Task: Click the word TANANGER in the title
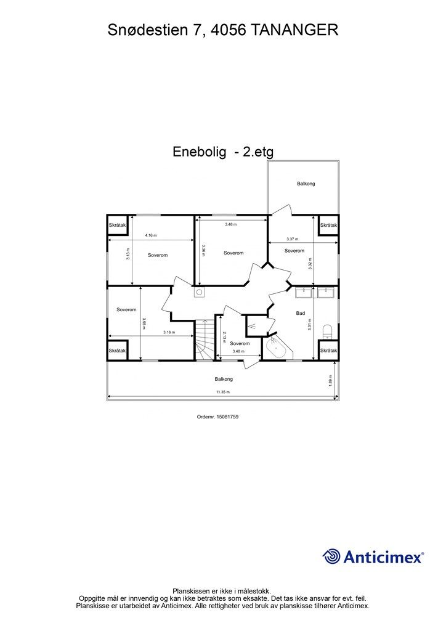294,30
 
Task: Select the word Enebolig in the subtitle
200,152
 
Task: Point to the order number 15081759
227,417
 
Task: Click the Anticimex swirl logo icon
331,556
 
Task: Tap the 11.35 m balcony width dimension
223,392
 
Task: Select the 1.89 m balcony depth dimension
331,381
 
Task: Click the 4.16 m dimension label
151,235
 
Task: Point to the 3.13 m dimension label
128,253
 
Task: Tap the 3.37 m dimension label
293,239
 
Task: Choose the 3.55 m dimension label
143,324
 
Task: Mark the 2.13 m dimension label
224,337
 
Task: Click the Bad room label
301,313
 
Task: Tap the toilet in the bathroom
327,331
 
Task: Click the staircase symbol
205,340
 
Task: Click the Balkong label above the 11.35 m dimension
224,379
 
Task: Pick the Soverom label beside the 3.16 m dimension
126,310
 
